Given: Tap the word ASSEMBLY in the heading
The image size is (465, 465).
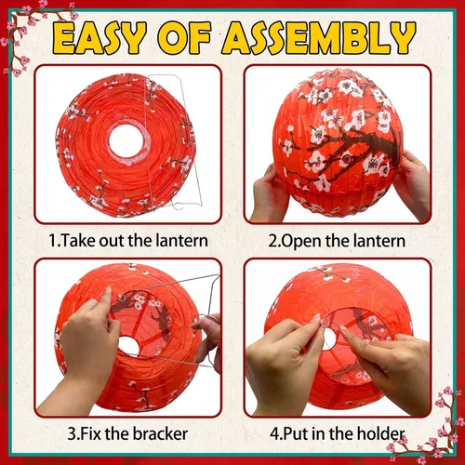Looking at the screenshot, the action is pos(318,38).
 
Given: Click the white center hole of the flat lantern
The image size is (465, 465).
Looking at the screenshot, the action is pos(126,140).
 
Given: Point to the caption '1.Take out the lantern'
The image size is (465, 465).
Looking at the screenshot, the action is pos(128,241).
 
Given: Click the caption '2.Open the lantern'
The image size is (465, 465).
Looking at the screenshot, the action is pos(337,241).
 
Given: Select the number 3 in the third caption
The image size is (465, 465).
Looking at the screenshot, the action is pos(72,433).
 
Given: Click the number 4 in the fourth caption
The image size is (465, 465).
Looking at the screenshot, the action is pos(274,433).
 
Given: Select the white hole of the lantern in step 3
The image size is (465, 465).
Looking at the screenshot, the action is pos(127,346).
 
